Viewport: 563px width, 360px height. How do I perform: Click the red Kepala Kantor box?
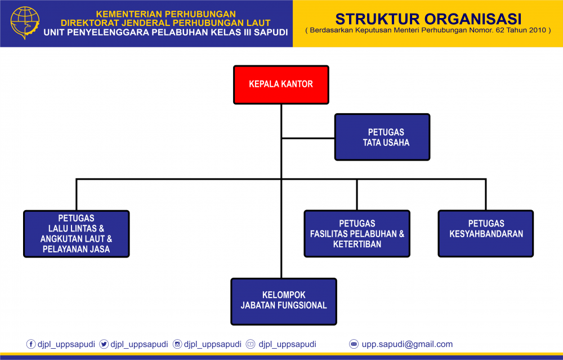pyautogui.click(x=281, y=85)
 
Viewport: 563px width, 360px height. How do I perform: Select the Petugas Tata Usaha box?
pyautogui.click(x=382, y=137)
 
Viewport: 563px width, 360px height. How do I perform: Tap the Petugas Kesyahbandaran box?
pyautogui.click(x=485, y=234)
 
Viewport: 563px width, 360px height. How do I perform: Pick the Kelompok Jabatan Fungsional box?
pyautogui.click(x=284, y=301)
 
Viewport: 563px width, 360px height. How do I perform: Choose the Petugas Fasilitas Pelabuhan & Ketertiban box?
pyautogui.click(x=357, y=234)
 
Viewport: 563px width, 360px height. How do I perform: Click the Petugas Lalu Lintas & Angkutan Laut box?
pyautogui.click(x=77, y=234)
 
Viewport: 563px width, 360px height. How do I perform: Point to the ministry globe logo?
pyautogui.click(x=25, y=23)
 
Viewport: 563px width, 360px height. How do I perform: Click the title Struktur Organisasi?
pyautogui.click(x=428, y=19)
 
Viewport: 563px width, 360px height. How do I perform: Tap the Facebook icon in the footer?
pyautogui.click(x=31, y=344)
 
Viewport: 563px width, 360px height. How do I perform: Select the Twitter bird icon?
pyautogui.click(x=104, y=344)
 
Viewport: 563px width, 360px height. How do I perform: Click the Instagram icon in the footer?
pyautogui.click(x=177, y=344)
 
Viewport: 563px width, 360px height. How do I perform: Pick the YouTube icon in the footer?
pyautogui.click(x=251, y=344)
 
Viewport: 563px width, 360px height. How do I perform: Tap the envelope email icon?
pyautogui.click(x=354, y=344)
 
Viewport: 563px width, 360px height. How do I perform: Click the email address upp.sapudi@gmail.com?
pyautogui.click(x=407, y=344)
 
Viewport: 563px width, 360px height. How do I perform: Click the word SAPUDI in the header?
pyautogui.click(x=271, y=32)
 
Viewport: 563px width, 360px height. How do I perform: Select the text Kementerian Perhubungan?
pyautogui.click(x=166, y=14)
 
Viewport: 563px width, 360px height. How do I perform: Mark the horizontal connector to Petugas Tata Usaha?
pyautogui.click(x=308, y=138)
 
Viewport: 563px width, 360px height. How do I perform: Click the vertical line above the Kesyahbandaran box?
pyautogui.click(x=486, y=194)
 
